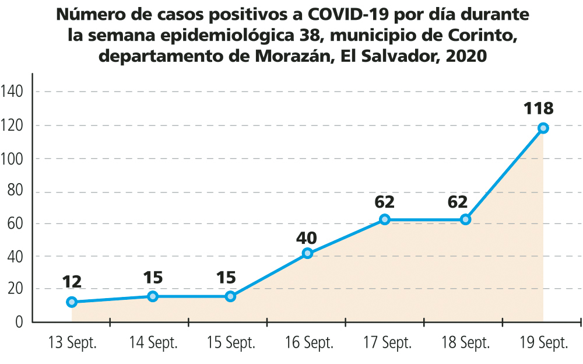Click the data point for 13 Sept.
72,302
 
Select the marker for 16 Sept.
308,253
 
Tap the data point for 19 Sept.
543,128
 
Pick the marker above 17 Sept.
385,219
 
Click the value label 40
307,237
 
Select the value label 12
72,282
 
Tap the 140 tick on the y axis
12,92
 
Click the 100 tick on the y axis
12,159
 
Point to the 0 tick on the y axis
19,321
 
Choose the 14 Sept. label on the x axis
153,343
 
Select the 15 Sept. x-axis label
231,343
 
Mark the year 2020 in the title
463,57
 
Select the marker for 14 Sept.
153,296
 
